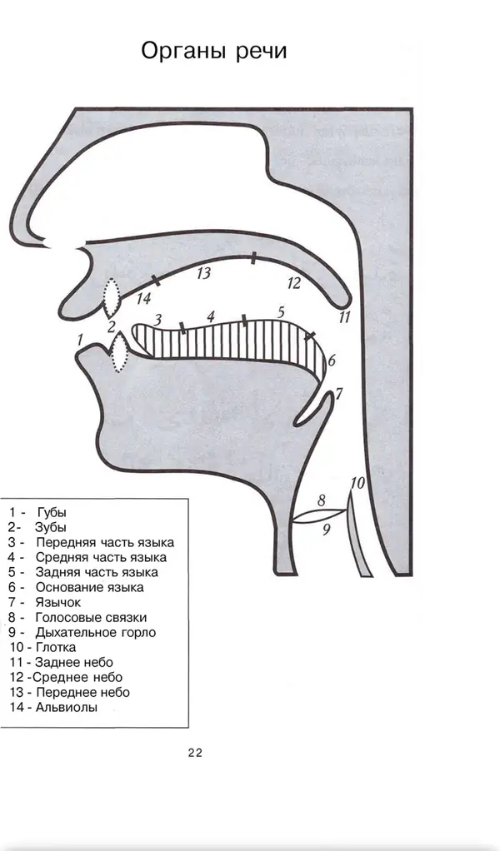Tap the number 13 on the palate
(x=203, y=272)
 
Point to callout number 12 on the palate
(x=293, y=283)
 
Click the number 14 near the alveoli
(x=143, y=298)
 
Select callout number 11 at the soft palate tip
(x=344, y=317)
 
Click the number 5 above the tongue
(x=280, y=312)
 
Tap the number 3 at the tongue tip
(x=157, y=319)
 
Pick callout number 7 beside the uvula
(x=339, y=394)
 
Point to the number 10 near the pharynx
(x=357, y=482)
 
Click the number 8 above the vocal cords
(x=322, y=500)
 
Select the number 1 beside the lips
(x=80, y=341)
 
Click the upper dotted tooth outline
(x=112, y=297)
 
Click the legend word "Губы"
(x=52, y=512)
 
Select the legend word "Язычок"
(x=58, y=602)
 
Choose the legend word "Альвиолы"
(x=66, y=707)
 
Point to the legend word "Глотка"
(x=55, y=647)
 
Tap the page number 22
(x=196, y=753)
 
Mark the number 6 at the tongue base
(x=332, y=361)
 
